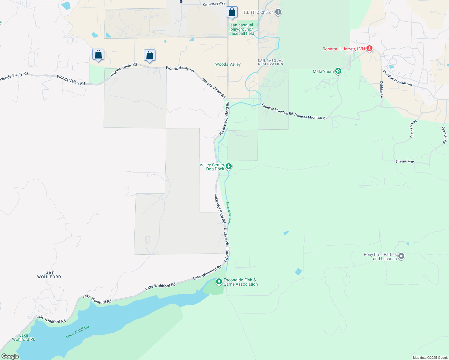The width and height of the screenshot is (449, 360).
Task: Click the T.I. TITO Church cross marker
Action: [278, 12]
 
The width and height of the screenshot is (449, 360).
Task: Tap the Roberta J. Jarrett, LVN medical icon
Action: [369, 49]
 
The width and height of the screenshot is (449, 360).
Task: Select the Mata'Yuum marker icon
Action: [338, 71]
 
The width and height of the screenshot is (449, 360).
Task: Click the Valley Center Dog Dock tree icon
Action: [229, 166]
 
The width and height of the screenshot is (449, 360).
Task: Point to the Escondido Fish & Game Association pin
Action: [219, 281]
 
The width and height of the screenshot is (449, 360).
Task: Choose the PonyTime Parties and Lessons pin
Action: [401, 256]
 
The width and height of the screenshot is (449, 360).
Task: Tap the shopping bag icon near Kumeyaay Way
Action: [232, 13]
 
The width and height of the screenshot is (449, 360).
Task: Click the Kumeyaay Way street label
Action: [214, 4]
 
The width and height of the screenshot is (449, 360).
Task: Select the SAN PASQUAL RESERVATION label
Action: [270, 62]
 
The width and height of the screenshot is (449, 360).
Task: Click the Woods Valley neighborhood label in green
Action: [228, 64]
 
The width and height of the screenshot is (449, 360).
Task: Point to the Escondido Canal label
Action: [228, 213]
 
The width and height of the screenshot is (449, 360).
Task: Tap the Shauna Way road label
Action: [405, 161]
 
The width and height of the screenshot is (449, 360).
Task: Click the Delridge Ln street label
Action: [381, 89]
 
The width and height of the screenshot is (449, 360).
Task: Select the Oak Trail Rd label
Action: [444, 135]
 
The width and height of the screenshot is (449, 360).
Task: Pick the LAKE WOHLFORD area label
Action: [49, 275]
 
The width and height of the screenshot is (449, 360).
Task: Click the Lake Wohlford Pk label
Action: [23, 337]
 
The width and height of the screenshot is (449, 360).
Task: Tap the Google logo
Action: [10, 356]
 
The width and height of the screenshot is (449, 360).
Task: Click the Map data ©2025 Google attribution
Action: [430, 358]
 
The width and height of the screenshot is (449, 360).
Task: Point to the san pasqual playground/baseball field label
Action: [242, 29]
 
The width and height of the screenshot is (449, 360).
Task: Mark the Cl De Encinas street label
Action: [413, 129]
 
